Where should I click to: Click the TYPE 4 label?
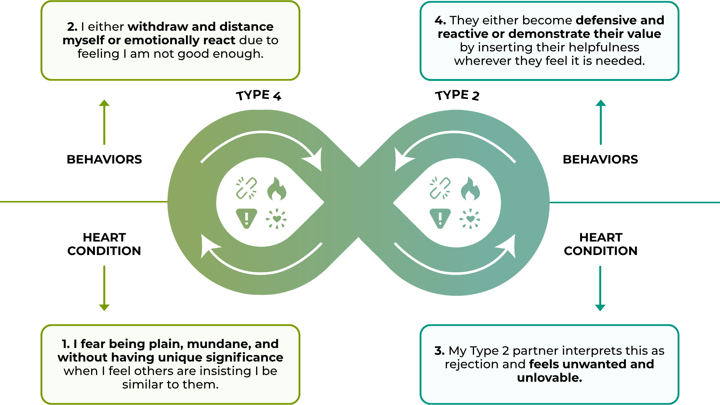point(258,95)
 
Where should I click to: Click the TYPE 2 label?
point(457,95)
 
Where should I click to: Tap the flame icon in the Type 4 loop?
point(277,189)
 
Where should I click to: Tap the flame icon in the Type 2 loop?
point(470,189)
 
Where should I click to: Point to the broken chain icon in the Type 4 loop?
point(246,188)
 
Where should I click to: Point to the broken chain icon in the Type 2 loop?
point(440,188)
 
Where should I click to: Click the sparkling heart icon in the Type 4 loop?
point(276,219)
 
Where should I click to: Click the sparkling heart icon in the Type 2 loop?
point(470,219)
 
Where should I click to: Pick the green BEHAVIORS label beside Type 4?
point(104,159)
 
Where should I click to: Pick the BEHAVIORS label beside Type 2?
point(600,159)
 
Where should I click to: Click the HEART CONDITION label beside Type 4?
point(104,244)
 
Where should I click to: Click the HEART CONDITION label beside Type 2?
point(601,244)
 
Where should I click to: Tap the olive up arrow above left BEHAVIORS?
point(104,122)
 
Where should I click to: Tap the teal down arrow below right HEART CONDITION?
point(600,288)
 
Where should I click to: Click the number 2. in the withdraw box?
point(72,27)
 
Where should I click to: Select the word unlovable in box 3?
point(549,378)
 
